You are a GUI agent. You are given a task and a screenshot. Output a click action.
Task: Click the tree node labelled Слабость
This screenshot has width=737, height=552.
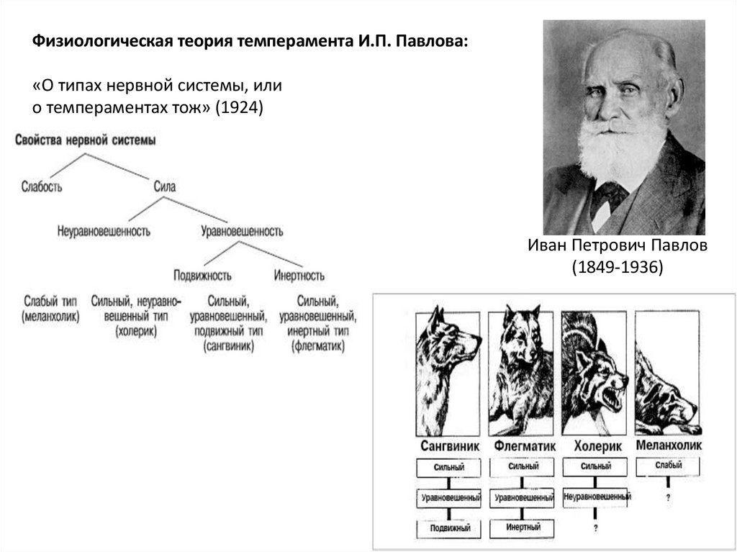(42, 187)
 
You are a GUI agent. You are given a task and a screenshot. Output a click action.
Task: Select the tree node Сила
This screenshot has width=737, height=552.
(165, 187)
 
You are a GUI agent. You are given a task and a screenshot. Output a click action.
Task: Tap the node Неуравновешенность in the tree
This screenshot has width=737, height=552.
(103, 231)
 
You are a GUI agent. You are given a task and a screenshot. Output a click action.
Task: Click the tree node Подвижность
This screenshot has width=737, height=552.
(202, 275)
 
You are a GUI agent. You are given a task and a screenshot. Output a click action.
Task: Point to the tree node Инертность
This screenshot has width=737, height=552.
(299, 275)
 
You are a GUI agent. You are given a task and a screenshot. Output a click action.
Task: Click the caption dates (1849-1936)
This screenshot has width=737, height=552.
(617, 267)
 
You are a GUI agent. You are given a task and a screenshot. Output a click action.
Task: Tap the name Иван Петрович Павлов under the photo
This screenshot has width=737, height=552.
(618, 245)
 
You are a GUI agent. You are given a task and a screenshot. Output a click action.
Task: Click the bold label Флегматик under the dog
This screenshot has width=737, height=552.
(525, 445)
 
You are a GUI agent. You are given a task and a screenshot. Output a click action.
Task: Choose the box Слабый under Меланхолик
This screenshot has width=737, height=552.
(669, 466)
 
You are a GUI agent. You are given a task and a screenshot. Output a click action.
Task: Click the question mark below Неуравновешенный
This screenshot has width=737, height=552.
(596, 529)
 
